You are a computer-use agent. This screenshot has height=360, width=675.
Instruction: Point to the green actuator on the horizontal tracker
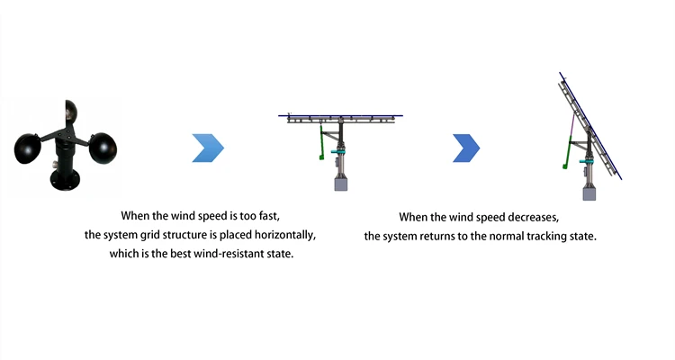(x=322, y=148)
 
